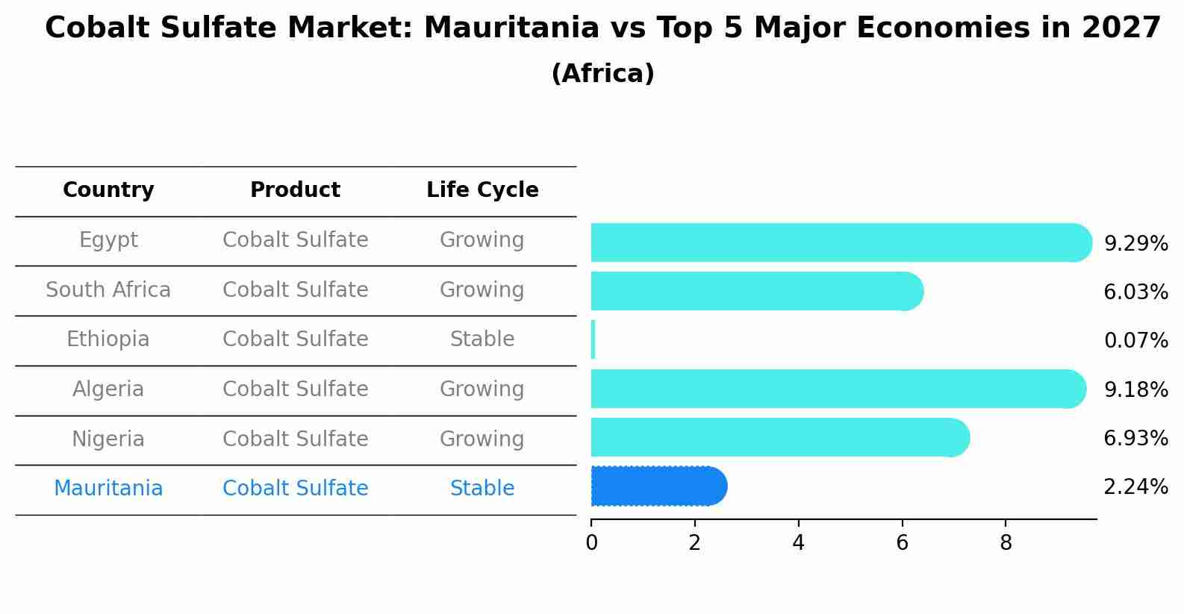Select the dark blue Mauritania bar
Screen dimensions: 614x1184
[657, 486]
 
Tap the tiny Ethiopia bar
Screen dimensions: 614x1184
[593, 339]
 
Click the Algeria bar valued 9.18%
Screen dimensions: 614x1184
[836, 389]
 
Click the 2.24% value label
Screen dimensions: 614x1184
[1135, 487]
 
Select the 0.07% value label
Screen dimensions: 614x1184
[1135, 341]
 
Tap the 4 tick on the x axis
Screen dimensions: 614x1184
[798, 543]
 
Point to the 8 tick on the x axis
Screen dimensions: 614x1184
[1006, 543]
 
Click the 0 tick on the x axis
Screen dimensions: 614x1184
[591, 543]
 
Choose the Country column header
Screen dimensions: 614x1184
[108, 190]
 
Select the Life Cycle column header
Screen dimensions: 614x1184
[482, 190]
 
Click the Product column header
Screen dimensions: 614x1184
[295, 190]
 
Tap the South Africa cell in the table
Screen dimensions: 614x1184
[108, 289]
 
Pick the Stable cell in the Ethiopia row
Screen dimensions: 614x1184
[482, 339]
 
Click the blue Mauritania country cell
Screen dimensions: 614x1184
[108, 489]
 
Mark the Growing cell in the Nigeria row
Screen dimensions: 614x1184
[482, 439]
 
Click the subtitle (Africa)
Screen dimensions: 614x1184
[602, 74]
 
